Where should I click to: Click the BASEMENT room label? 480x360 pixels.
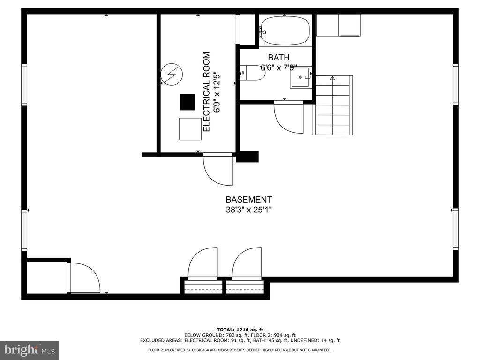pos(248,200)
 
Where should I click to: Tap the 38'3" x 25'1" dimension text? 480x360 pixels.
pos(248,210)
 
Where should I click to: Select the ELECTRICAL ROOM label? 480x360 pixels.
pos(207,92)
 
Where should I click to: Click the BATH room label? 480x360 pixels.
pos(278,57)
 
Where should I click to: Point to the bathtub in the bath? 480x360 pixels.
pos(285,30)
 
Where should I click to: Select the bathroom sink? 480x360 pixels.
pos(300,78)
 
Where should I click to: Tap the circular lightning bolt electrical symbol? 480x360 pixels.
pos(172,74)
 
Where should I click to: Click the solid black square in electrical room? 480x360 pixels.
pos(187,102)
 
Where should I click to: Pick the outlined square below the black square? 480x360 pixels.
pos(190,129)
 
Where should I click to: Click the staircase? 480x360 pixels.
pos(332,105)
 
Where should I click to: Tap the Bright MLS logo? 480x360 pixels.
pos(30,350)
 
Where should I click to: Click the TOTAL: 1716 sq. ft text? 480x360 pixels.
pos(240,330)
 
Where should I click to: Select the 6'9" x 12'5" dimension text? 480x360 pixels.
pos(217,92)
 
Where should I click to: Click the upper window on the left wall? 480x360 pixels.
pos(24,85)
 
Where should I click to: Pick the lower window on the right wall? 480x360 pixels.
pos(456,229)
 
